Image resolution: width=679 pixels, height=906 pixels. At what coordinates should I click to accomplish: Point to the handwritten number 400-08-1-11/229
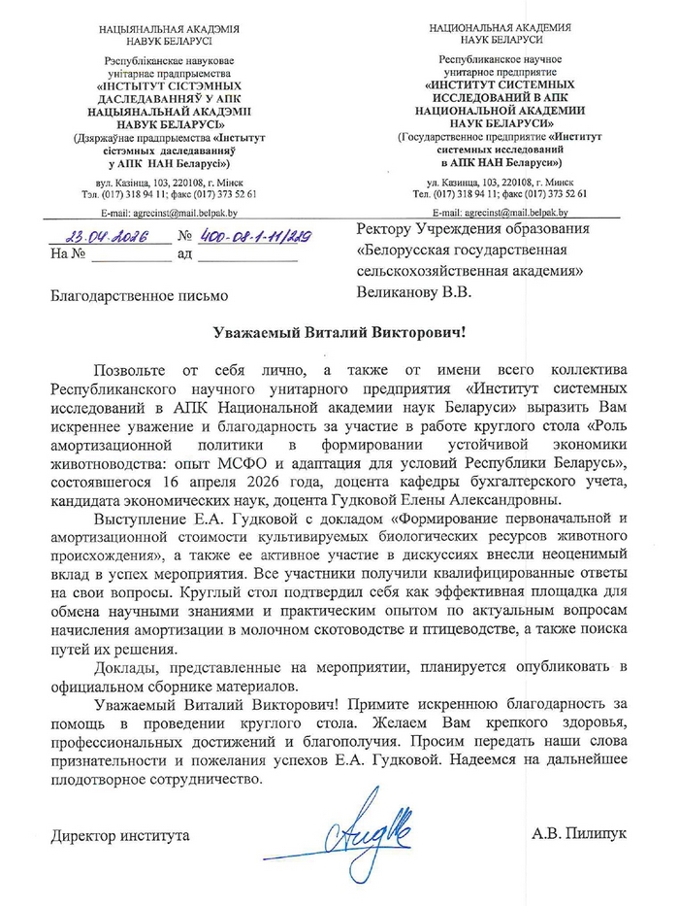click(251, 237)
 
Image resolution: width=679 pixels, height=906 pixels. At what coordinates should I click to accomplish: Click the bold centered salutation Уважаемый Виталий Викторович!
click(339, 332)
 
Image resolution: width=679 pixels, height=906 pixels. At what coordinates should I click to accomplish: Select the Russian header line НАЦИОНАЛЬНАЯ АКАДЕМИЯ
click(501, 29)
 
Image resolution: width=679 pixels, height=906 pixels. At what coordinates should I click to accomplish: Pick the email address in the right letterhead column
click(501, 211)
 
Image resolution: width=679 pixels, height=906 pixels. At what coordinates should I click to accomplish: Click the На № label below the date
click(66, 254)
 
